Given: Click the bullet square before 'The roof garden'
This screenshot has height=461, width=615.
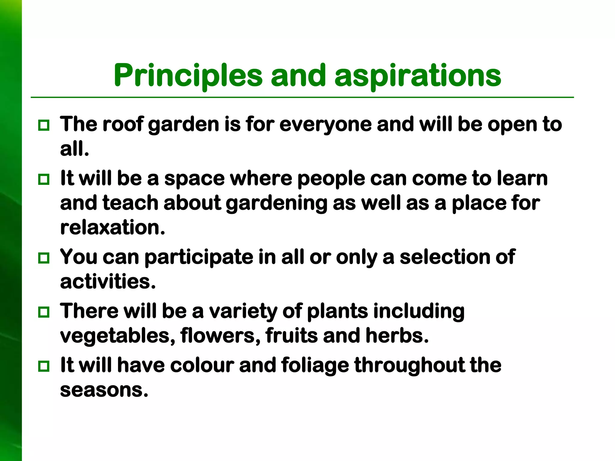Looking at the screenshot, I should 44,125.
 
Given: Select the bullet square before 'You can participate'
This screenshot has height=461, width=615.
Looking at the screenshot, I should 44,258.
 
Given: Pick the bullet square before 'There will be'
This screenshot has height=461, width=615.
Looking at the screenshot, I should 44,312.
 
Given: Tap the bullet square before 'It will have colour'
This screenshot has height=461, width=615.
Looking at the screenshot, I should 44,366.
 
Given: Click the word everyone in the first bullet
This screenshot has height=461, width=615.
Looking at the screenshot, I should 326,125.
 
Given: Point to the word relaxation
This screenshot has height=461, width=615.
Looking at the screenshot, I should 113,227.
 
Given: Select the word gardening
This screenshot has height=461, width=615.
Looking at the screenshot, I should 276,203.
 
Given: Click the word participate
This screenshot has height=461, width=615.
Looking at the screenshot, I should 199,258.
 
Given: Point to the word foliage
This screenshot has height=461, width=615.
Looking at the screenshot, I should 315,366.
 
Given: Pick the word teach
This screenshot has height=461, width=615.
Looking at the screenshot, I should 130,203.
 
